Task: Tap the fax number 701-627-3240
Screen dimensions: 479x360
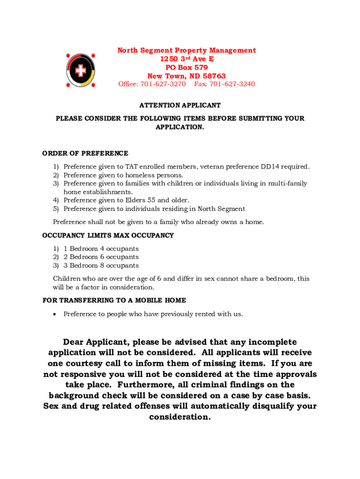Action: coord(232,84)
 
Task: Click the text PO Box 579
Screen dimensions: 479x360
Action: coord(187,67)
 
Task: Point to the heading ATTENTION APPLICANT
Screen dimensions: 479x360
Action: coord(180,105)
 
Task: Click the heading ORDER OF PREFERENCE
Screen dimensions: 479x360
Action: coord(85,153)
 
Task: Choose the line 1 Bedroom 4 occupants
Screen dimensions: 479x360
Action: coord(101,249)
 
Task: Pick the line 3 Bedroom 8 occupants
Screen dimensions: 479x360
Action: coord(101,266)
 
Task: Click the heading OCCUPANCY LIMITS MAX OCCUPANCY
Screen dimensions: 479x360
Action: coord(108,235)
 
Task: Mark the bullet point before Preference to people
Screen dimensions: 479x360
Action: coord(55,314)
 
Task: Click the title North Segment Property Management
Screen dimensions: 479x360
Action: coord(187,51)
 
